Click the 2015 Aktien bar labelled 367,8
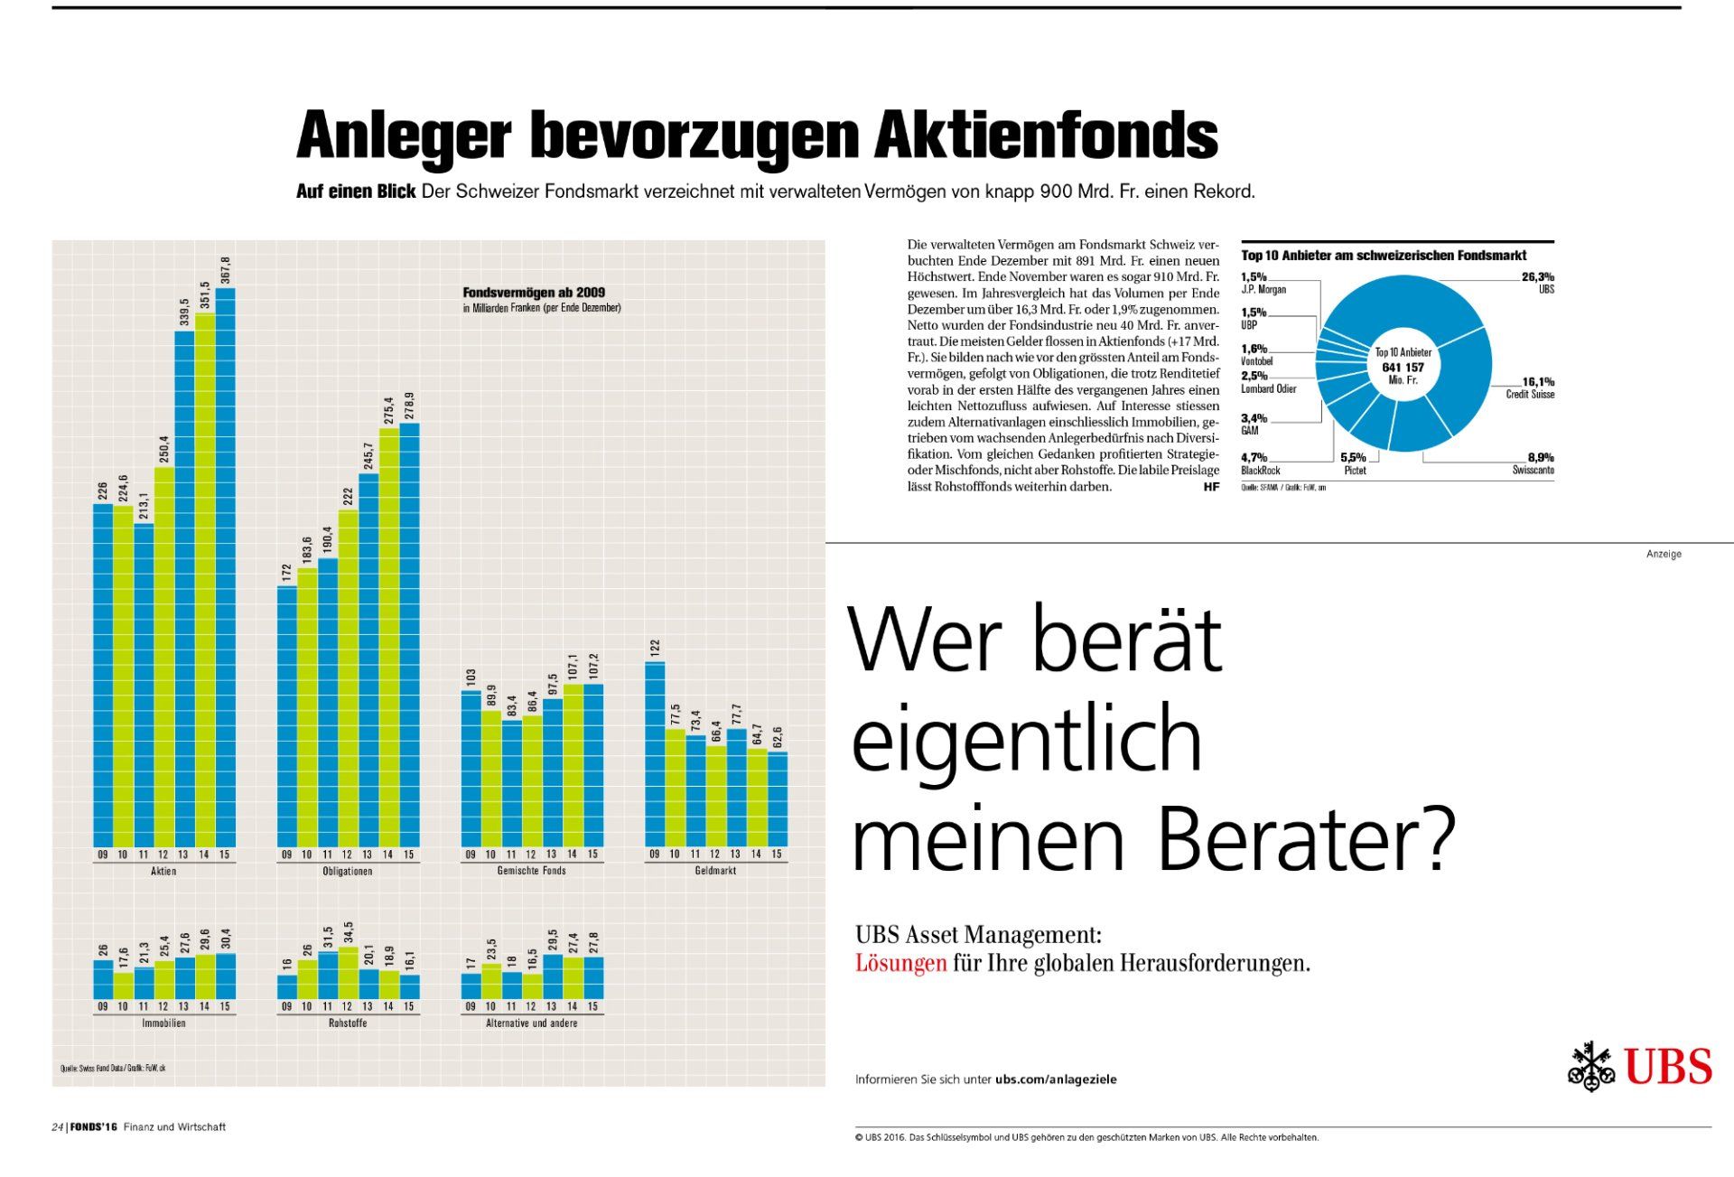point(225,569)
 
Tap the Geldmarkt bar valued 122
point(655,754)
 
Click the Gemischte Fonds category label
point(531,871)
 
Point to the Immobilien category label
point(163,1023)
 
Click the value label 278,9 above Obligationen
point(409,406)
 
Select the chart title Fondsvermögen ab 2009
point(534,293)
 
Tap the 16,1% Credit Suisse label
point(1532,388)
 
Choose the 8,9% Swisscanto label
point(1534,463)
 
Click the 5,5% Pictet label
point(1354,463)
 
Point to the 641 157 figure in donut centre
point(1403,368)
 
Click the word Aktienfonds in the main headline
point(1046,135)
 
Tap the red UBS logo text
point(1668,1067)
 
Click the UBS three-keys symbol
point(1590,1067)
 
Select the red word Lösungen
point(900,964)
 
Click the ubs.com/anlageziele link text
point(1056,1079)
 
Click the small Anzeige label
point(1664,554)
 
